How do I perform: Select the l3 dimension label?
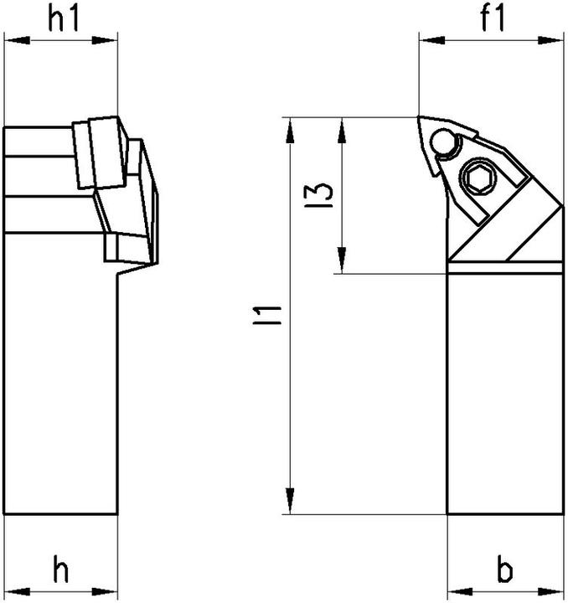coord(325,194)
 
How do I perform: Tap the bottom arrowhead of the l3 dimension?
coord(342,264)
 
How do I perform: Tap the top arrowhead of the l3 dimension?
coord(342,126)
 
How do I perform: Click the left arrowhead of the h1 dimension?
coord(12,39)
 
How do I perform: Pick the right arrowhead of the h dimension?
coord(110,587)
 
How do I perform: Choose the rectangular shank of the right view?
coord(503,394)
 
